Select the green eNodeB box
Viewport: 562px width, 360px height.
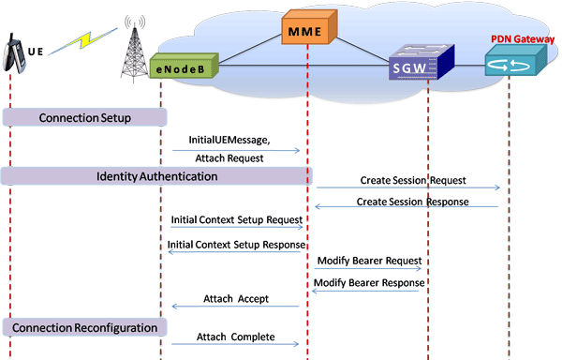point(184,67)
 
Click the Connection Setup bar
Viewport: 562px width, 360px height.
point(84,117)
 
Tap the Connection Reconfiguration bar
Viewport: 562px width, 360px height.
point(84,327)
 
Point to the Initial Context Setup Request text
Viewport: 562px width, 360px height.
point(236,220)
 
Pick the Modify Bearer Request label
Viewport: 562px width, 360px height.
point(369,260)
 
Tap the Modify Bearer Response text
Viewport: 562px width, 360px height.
point(368,282)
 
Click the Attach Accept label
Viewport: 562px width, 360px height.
point(235,299)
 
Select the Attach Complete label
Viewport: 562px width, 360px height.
point(235,336)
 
